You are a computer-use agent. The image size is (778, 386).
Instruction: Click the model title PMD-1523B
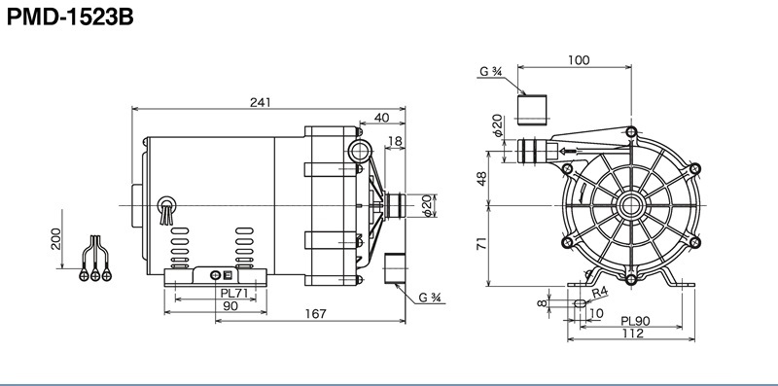pos(70,17)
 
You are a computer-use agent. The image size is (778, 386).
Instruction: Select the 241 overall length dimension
pos(261,102)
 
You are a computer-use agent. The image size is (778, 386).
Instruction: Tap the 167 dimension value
pos(315,313)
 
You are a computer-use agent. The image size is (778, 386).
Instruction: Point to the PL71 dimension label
pos(233,294)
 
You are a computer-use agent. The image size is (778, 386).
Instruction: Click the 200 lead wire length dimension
pos(55,238)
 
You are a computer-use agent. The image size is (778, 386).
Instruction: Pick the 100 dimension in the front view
pos(579,60)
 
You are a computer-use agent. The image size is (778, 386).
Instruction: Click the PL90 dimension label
pos(635,321)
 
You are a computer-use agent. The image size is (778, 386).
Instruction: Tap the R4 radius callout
pos(600,293)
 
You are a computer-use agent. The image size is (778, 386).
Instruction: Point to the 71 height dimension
pos(481,243)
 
